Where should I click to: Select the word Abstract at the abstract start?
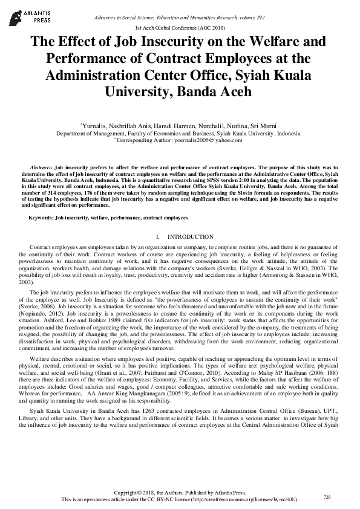41,166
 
